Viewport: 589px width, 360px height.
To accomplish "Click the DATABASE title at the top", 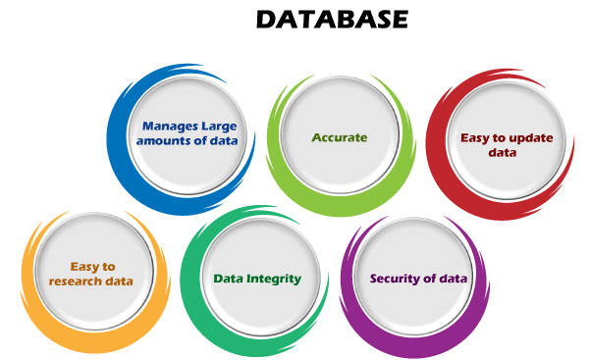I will click(x=332, y=20).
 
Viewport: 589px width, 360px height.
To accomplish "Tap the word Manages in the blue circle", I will click(x=166, y=127).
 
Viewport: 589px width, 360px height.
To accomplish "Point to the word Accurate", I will click(x=340, y=137).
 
